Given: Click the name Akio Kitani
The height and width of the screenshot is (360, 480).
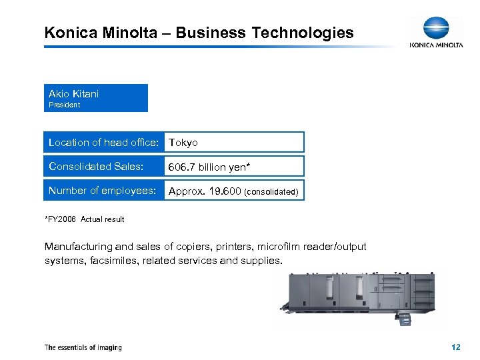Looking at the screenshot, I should click(x=73, y=93).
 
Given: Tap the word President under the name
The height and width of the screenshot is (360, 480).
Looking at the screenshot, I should click(x=64, y=105).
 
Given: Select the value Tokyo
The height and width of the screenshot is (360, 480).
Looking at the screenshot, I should click(x=183, y=143).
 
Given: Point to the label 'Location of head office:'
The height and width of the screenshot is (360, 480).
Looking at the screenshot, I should click(x=103, y=142).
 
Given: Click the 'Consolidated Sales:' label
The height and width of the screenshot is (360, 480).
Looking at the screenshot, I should click(x=96, y=166).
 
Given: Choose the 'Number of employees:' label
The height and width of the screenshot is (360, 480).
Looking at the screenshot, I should click(x=102, y=190).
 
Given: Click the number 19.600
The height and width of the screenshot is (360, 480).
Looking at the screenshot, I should click(x=225, y=191).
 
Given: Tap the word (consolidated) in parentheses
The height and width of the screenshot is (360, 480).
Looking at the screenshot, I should click(x=271, y=191).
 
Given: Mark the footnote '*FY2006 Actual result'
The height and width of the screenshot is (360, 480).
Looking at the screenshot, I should click(x=84, y=219).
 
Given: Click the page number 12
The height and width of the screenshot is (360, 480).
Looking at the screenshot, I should click(x=456, y=347).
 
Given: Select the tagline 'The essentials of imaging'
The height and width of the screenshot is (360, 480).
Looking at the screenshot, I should click(x=83, y=347).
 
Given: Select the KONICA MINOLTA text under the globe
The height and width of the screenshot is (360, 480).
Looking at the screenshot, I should click(x=436, y=45).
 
